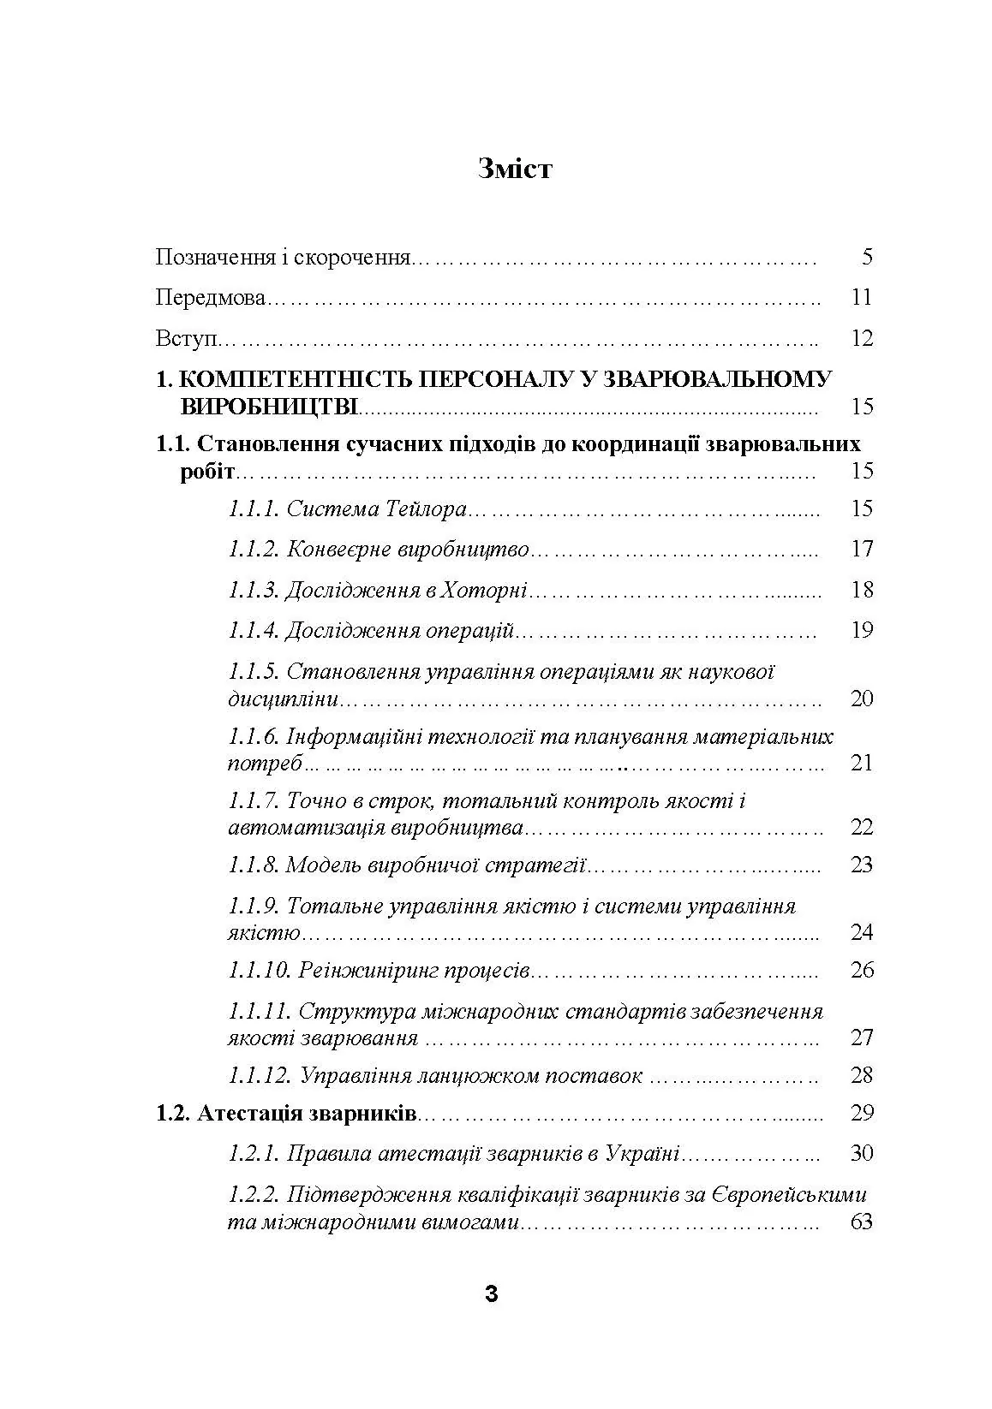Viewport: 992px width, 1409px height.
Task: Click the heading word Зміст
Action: (x=516, y=169)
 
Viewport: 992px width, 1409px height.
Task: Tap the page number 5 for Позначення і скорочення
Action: (x=867, y=257)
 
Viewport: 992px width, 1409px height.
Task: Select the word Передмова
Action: (x=211, y=298)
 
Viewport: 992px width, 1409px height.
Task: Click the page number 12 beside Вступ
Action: (x=862, y=338)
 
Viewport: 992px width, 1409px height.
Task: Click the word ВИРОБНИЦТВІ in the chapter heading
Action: (x=269, y=406)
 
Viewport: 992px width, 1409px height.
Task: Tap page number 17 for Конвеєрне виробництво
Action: (x=862, y=549)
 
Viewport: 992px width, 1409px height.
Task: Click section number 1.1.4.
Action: (x=253, y=631)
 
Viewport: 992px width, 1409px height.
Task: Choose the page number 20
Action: (x=862, y=699)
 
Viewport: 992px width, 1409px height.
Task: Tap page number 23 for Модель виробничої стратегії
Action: (x=862, y=865)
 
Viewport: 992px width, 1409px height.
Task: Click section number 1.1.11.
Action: (x=260, y=1011)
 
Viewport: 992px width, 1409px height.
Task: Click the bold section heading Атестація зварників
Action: (x=307, y=1114)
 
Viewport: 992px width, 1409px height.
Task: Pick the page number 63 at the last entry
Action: (x=862, y=1222)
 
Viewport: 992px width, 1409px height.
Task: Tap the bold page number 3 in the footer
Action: (x=491, y=1294)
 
